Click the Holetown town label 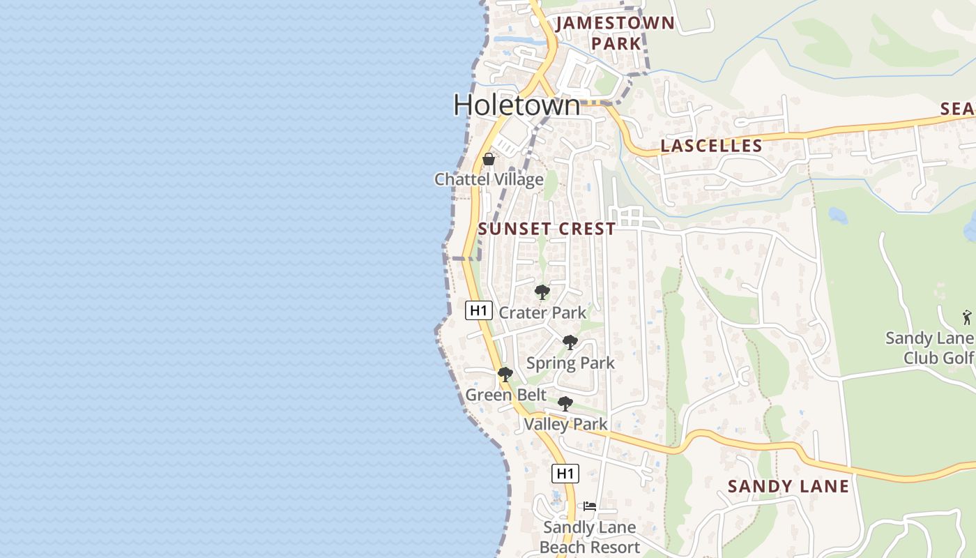pyautogui.click(x=517, y=105)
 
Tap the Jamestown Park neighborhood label pyautogui.click(x=616, y=33)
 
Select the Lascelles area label pyautogui.click(x=711, y=146)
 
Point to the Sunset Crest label pyautogui.click(x=547, y=229)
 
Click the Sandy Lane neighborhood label pyautogui.click(x=788, y=486)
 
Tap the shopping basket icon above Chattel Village pyautogui.click(x=489, y=159)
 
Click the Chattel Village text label pyautogui.click(x=489, y=179)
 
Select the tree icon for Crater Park pyautogui.click(x=542, y=292)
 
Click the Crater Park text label pyautogui.click(x=542, y=312)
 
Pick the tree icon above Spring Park pyautogui.click(x=570, y=342)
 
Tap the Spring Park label pyautogui.click(x=570, y=363)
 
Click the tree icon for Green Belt pyautogui.click(x=505, y=375)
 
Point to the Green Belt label pyautogui.click(x=506, y=395)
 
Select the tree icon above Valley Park pyautogui.click(x=565, y=403)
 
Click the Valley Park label pyautogui.click(x=565, y=423)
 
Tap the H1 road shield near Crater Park pyautogui.click(x=479, y=310)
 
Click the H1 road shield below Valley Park pyautogui.click(x=565, y=474)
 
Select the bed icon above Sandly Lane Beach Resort pyautogui.click(x=590, y=507)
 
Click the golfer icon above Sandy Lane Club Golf pyautogui.click(x=966, y=317)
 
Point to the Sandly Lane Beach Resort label pyautogui.click(x=590, y=537)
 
